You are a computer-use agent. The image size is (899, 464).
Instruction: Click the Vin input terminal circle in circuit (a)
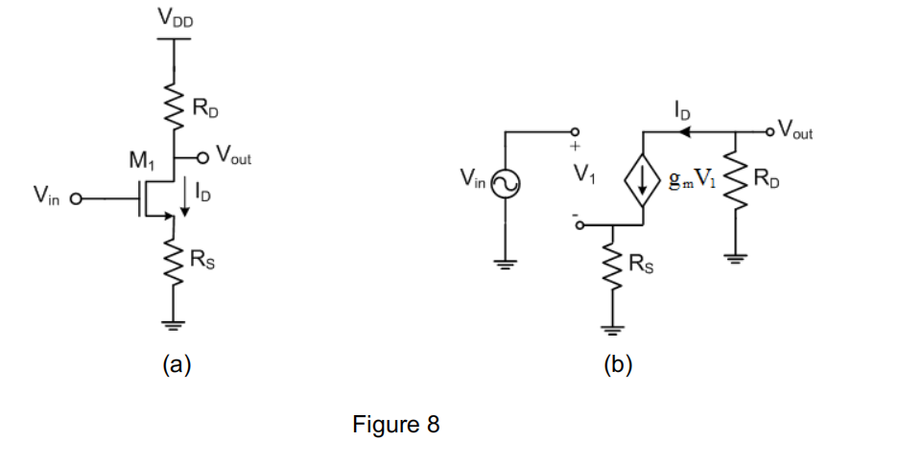point(72,199)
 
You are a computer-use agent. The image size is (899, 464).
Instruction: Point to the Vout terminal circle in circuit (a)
point(203,155)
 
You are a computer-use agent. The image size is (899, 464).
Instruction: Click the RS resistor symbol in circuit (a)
point(175,257)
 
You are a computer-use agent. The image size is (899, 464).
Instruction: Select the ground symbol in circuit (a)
point(175,322)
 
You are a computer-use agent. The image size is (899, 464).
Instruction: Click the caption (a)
point(177,364)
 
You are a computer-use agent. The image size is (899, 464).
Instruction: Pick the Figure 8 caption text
point(395,424)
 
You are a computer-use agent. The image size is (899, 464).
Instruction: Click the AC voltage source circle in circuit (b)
point(505,181)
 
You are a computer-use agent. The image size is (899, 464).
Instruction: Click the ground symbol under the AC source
point(505,263)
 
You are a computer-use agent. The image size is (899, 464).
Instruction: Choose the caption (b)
point(616,364)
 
